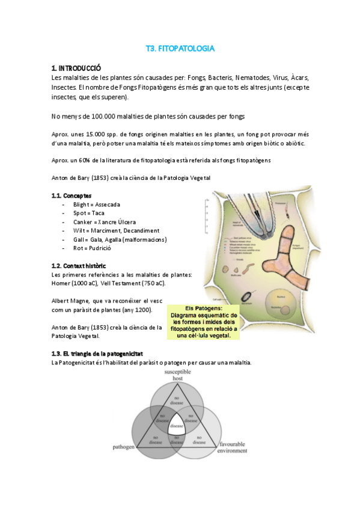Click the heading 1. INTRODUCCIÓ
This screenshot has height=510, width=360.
pyautogui.click(x=77, y=68)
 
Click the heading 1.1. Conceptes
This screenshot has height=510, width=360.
pyautogui.click(x=72, y=195)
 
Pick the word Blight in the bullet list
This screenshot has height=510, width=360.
pyautogui.click(x=83, y=204)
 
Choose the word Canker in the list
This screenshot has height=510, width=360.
pyautogui.click(x=84, y=222)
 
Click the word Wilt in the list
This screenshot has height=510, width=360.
pyautogui.click(x=80, y=230)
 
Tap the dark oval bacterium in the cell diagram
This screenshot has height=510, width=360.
pyautogui.click(x=247, y=296)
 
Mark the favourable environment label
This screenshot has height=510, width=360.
pyautogui.click(x=233, y=446)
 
